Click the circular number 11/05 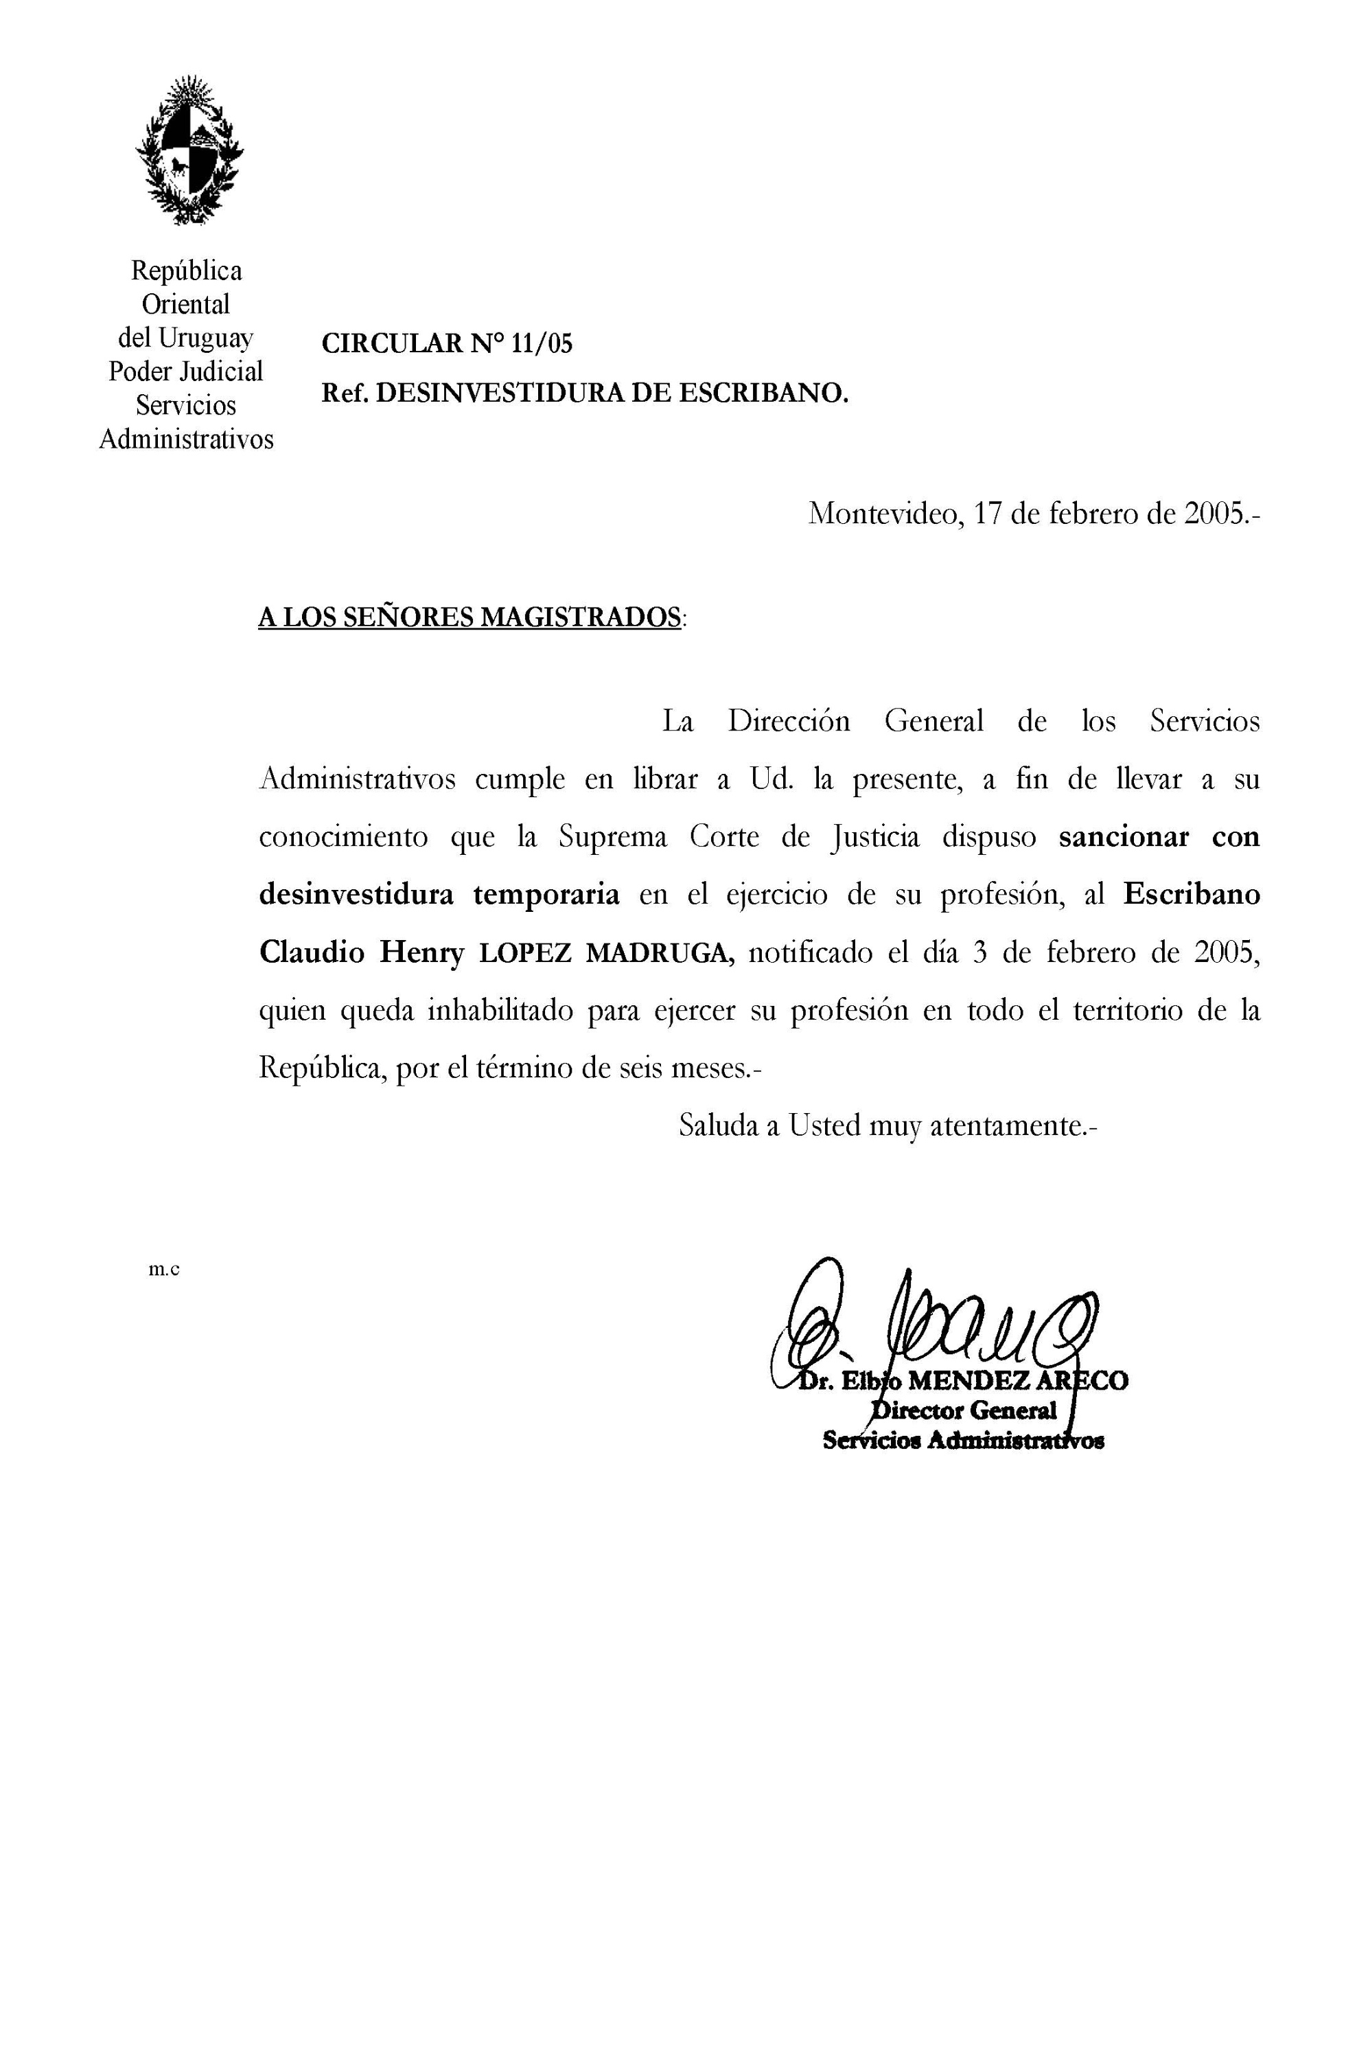point(542,345)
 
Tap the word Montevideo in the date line point(882,514)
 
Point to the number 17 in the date point(988,514)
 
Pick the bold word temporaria point(546,894)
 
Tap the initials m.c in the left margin point(163,1270)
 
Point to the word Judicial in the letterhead point(221,371)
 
